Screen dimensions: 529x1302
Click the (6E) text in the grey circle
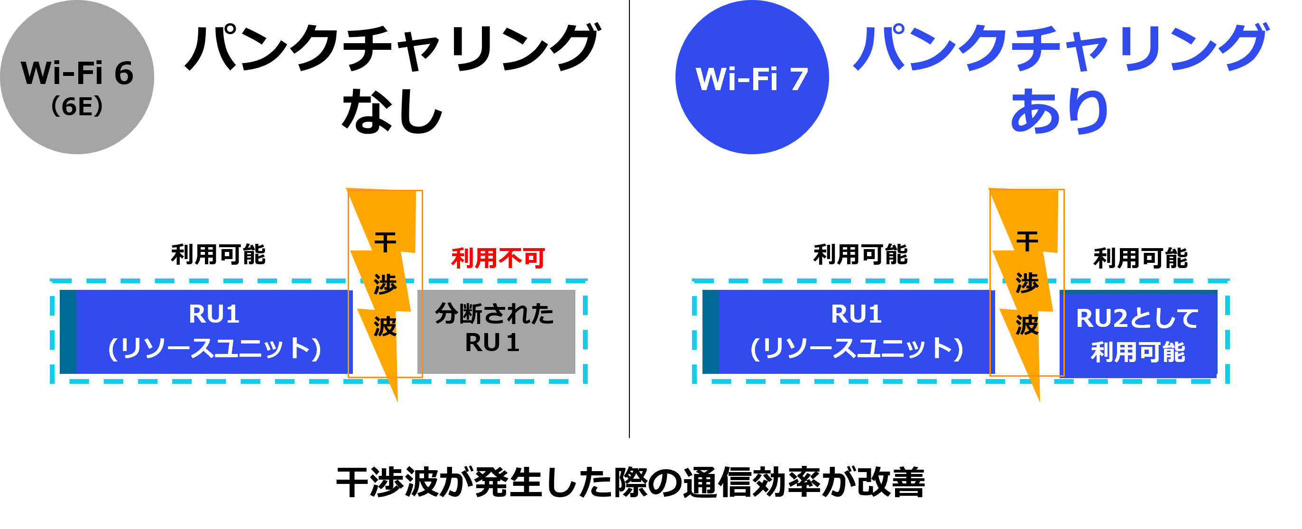pos(77,107)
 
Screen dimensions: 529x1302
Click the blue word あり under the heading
pos(1059,111)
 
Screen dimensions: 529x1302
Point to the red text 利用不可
pos(498,258)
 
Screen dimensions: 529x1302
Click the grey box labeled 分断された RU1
pos(496,331)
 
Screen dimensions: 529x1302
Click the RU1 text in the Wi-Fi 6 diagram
pos(214,314)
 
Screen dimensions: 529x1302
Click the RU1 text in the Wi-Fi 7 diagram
pos(856,314)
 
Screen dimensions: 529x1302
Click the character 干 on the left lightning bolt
pos(385,242)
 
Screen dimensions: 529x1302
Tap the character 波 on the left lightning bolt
pos(385,326)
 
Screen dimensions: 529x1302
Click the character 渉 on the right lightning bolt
pos(1027,283)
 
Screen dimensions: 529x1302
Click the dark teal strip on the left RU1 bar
pos(68,332)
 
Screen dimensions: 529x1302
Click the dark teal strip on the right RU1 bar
pos(711,332)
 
